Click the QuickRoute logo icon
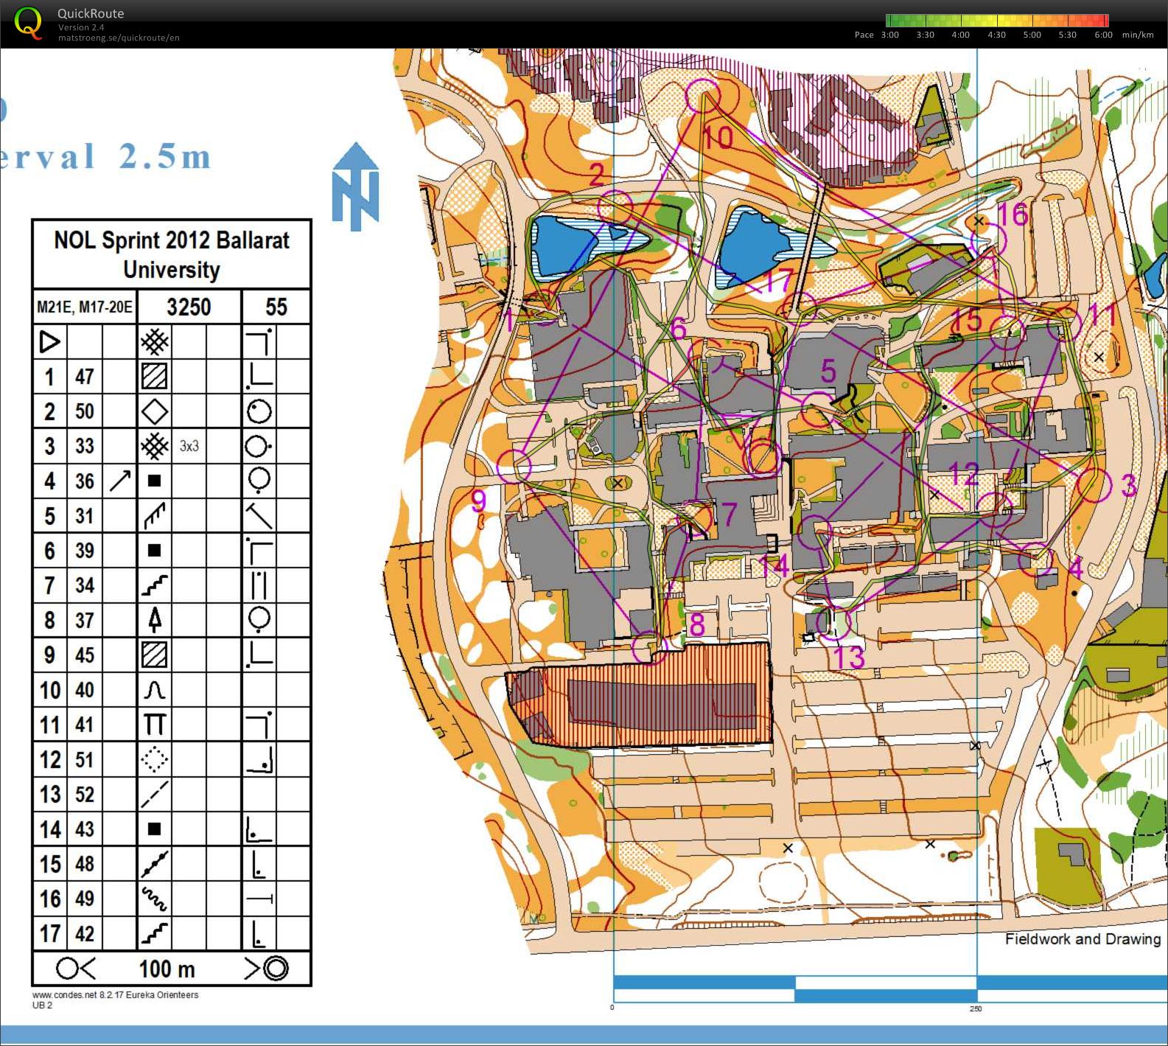(x=28, y=22)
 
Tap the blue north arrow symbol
(x=355, y=185)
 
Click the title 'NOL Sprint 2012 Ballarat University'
(x=172, y=254)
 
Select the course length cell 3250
(x=189, y=307)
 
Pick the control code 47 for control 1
(x=85, y=377)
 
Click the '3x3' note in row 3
(x=189, y=446)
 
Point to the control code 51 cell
(x=85, y=759)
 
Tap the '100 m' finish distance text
(x=167, y=969)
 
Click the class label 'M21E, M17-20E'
(x=85, y=307)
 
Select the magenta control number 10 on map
(x=718, y=137)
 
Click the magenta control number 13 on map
(x=848, y=657)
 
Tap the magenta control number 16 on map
(x=1013, y=215)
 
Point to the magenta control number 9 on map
(x=479, y=501)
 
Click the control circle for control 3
(x=1094, y=485)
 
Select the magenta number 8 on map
(x=696, y=625)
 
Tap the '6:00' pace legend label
(x=1103, y=35)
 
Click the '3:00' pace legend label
(x=890, y=35)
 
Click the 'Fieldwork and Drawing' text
(x=1083, y=939)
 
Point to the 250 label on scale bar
(x=976, y=1008)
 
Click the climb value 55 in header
(x=276, y=307)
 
